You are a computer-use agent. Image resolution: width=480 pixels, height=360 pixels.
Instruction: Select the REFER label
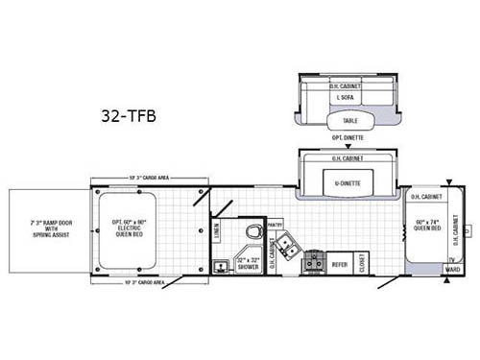[x=340, y=261]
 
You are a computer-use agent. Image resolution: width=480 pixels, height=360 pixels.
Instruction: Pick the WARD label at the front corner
[x=452, y=271]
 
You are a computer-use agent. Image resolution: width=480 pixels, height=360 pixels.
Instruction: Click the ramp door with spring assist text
[x=44, y=230]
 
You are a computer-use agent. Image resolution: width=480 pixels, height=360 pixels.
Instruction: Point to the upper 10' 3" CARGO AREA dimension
[x=148, y=179]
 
